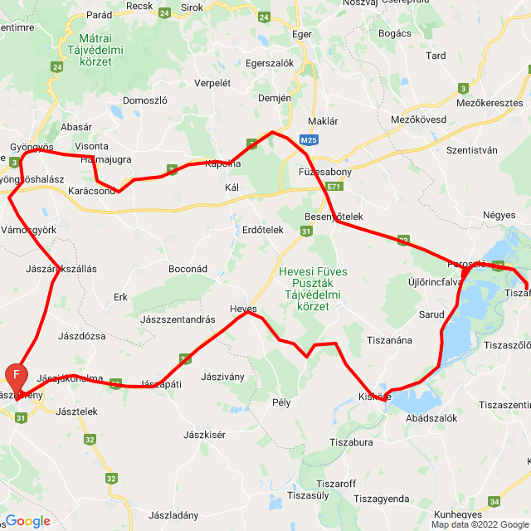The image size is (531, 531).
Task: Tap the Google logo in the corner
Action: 27,521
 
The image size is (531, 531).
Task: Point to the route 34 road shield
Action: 495,501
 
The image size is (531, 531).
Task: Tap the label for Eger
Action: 302,34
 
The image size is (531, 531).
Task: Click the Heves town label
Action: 244,309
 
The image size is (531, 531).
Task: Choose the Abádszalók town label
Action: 431,418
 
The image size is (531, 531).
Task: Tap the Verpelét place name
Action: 212,83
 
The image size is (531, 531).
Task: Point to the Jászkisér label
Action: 205,434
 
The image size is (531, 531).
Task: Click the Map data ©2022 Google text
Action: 479,524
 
